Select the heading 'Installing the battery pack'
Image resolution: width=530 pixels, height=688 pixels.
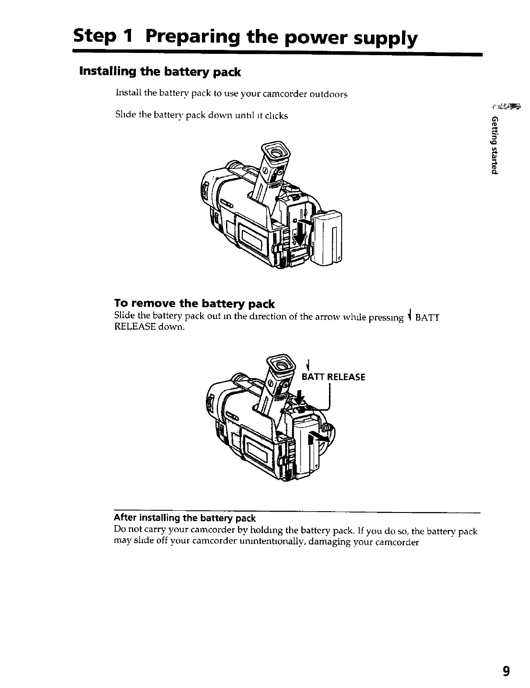tap(159, 72)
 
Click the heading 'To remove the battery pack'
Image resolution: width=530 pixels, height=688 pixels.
tap(194, 304)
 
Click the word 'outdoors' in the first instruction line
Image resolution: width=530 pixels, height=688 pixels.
tap(328, 95)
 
